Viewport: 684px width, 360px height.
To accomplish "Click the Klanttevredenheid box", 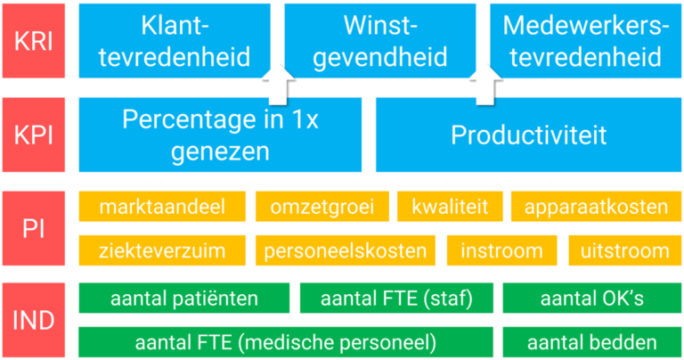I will [x=175, y=41].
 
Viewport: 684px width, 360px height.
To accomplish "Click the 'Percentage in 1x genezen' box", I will [x=220, y=134].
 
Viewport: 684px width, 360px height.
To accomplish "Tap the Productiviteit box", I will [x=528, y=134].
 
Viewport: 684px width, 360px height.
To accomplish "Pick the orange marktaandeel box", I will [x=161, y=208].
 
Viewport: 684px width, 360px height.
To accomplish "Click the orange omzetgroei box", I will [x=322, y=208].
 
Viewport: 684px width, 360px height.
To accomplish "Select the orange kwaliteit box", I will [x=450, y=208].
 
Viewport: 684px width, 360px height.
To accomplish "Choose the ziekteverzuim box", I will [x=161, y=250].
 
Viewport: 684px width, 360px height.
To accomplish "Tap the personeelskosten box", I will [x=346, y=250].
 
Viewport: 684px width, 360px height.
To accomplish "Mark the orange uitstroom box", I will [x=624, y=250].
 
